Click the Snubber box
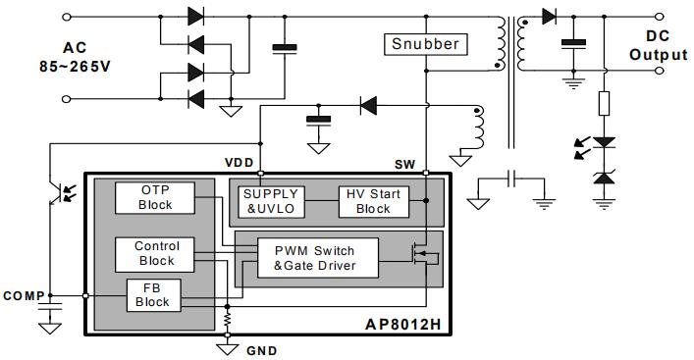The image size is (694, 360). [x=426, y=44]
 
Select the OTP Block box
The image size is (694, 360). [x=155, y=197]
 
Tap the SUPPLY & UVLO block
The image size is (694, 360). [x=271, y=200]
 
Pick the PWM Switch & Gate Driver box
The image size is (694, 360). [x=314, y=257]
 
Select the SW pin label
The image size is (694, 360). [x=405, y=165]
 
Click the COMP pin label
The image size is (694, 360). [x=24, y=295]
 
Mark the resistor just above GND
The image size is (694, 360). [x=228, y=321]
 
